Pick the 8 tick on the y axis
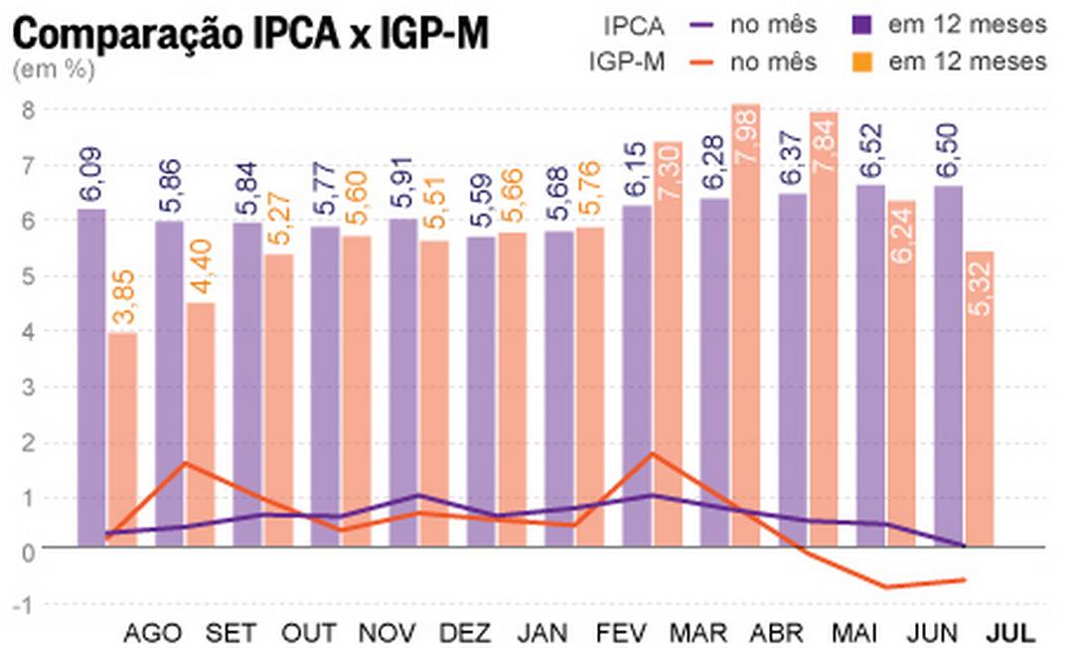tap(29, 109)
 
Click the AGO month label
tap(154, 632)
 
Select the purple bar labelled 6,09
tap(91, 378)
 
